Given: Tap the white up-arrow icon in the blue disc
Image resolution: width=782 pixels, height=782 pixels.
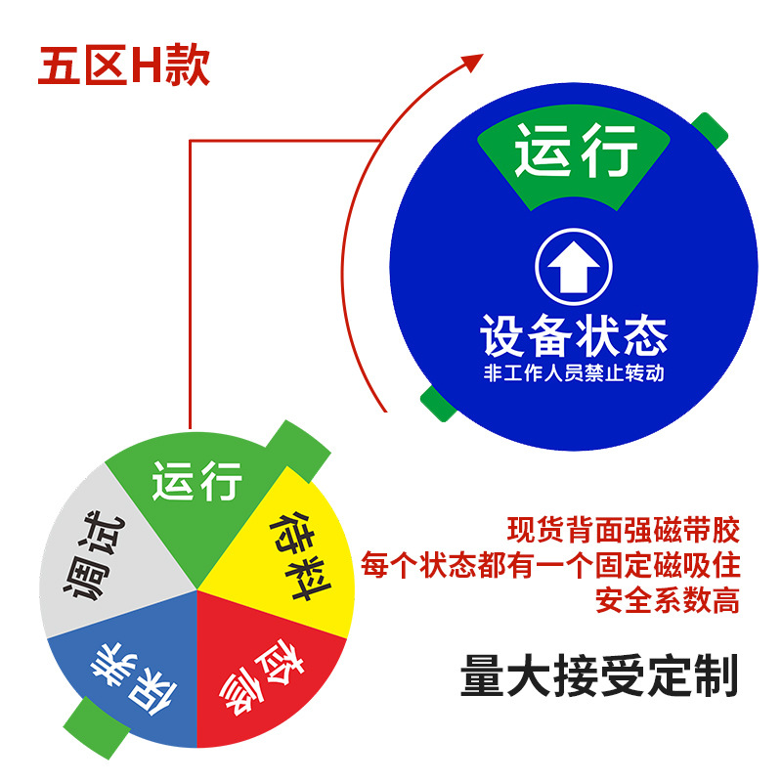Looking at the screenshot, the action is pyautogui.click(x=573, y=265).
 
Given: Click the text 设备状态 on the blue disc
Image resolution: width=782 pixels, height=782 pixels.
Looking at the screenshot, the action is pyautogui.click(x=573, y=335).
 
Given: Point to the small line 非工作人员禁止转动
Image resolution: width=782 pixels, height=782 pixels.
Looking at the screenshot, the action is pyautogui.click(x=573, y=373).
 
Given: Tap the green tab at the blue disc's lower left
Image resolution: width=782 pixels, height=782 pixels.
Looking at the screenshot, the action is pyautogui.click(x=434, y=401).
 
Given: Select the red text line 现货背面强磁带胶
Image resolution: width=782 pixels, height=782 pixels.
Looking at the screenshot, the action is pyautogui.click(x=623, y=531).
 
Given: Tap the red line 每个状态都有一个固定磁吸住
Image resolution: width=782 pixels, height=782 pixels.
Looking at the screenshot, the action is pyautogui.click(x=550, y=565).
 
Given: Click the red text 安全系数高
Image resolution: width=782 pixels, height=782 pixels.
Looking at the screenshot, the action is pyautogui.click(x=667, y=599).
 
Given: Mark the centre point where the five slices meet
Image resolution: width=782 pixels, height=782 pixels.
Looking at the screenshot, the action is pyautogui.click(x=198, y=589).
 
